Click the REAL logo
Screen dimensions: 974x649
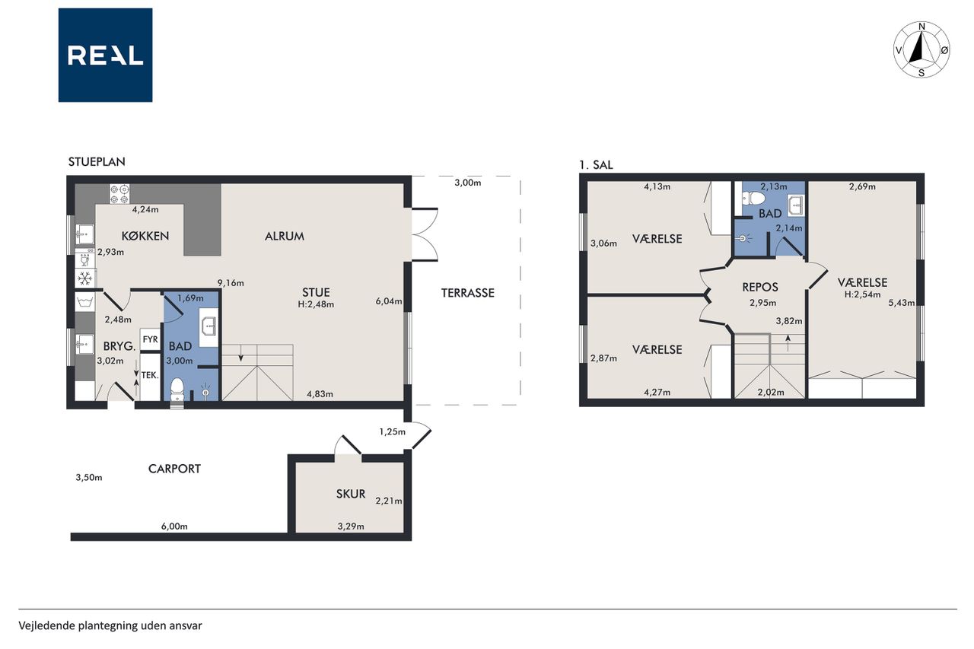[105, 56]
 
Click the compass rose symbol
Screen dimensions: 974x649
[921, 49]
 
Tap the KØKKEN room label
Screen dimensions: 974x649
[145, 236]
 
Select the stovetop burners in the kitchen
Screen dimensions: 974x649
[119, 194]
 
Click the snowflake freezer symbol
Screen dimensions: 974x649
[84, 278]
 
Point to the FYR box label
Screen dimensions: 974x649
[151, 339]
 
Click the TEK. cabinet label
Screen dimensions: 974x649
[150, 374]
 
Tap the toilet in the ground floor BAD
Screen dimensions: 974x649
[177, 390]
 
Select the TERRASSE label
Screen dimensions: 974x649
[468, 293]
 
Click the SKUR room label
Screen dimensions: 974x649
[351, 494]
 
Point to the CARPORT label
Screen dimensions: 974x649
[174, 469]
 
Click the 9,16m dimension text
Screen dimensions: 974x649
[231, 283]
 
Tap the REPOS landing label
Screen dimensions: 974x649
[760, 287]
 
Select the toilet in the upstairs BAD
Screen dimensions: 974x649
[753, 199]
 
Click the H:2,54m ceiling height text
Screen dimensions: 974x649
[862, 294]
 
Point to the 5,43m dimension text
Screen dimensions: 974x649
[902, 303]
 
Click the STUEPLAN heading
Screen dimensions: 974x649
[97, 162]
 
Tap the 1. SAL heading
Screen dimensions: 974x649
[596, 165]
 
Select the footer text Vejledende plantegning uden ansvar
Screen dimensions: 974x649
[110, 625]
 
